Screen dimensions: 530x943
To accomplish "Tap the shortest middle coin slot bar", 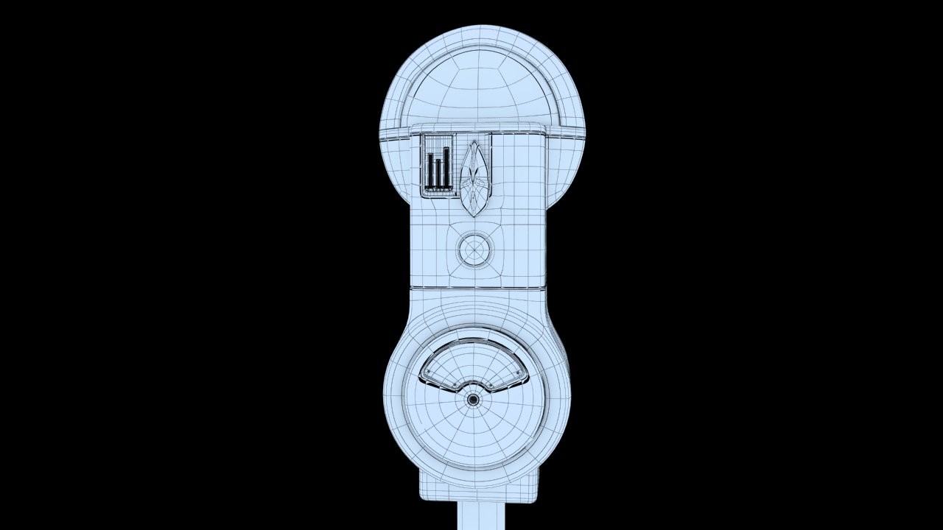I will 438,172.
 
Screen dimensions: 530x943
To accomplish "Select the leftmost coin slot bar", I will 430,169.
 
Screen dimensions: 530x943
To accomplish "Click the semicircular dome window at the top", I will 483,88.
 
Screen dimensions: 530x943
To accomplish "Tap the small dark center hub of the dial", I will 473,400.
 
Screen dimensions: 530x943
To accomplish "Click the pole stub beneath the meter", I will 479,515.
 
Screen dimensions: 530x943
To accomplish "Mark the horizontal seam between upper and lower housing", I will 477,287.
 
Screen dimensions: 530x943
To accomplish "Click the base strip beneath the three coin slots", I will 438,190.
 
